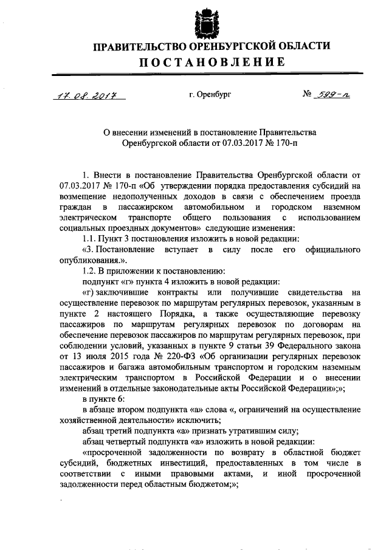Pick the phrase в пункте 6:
click(x=101, y=399)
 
